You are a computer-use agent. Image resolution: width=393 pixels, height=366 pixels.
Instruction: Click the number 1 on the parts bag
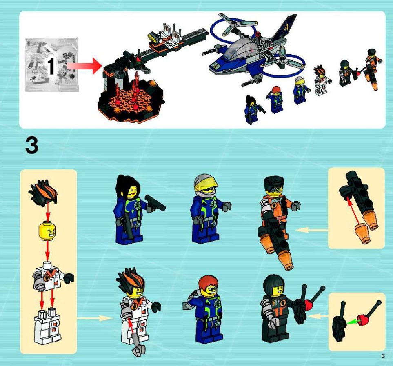(51, 66)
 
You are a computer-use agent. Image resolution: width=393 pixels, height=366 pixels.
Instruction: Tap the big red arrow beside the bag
(84, 66)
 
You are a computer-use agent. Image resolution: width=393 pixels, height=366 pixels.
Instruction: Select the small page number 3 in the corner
(383, 356)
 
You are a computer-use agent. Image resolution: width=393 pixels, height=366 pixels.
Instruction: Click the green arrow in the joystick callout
(353, 322)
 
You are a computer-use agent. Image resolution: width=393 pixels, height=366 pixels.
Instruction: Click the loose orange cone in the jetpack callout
(362, 234)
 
